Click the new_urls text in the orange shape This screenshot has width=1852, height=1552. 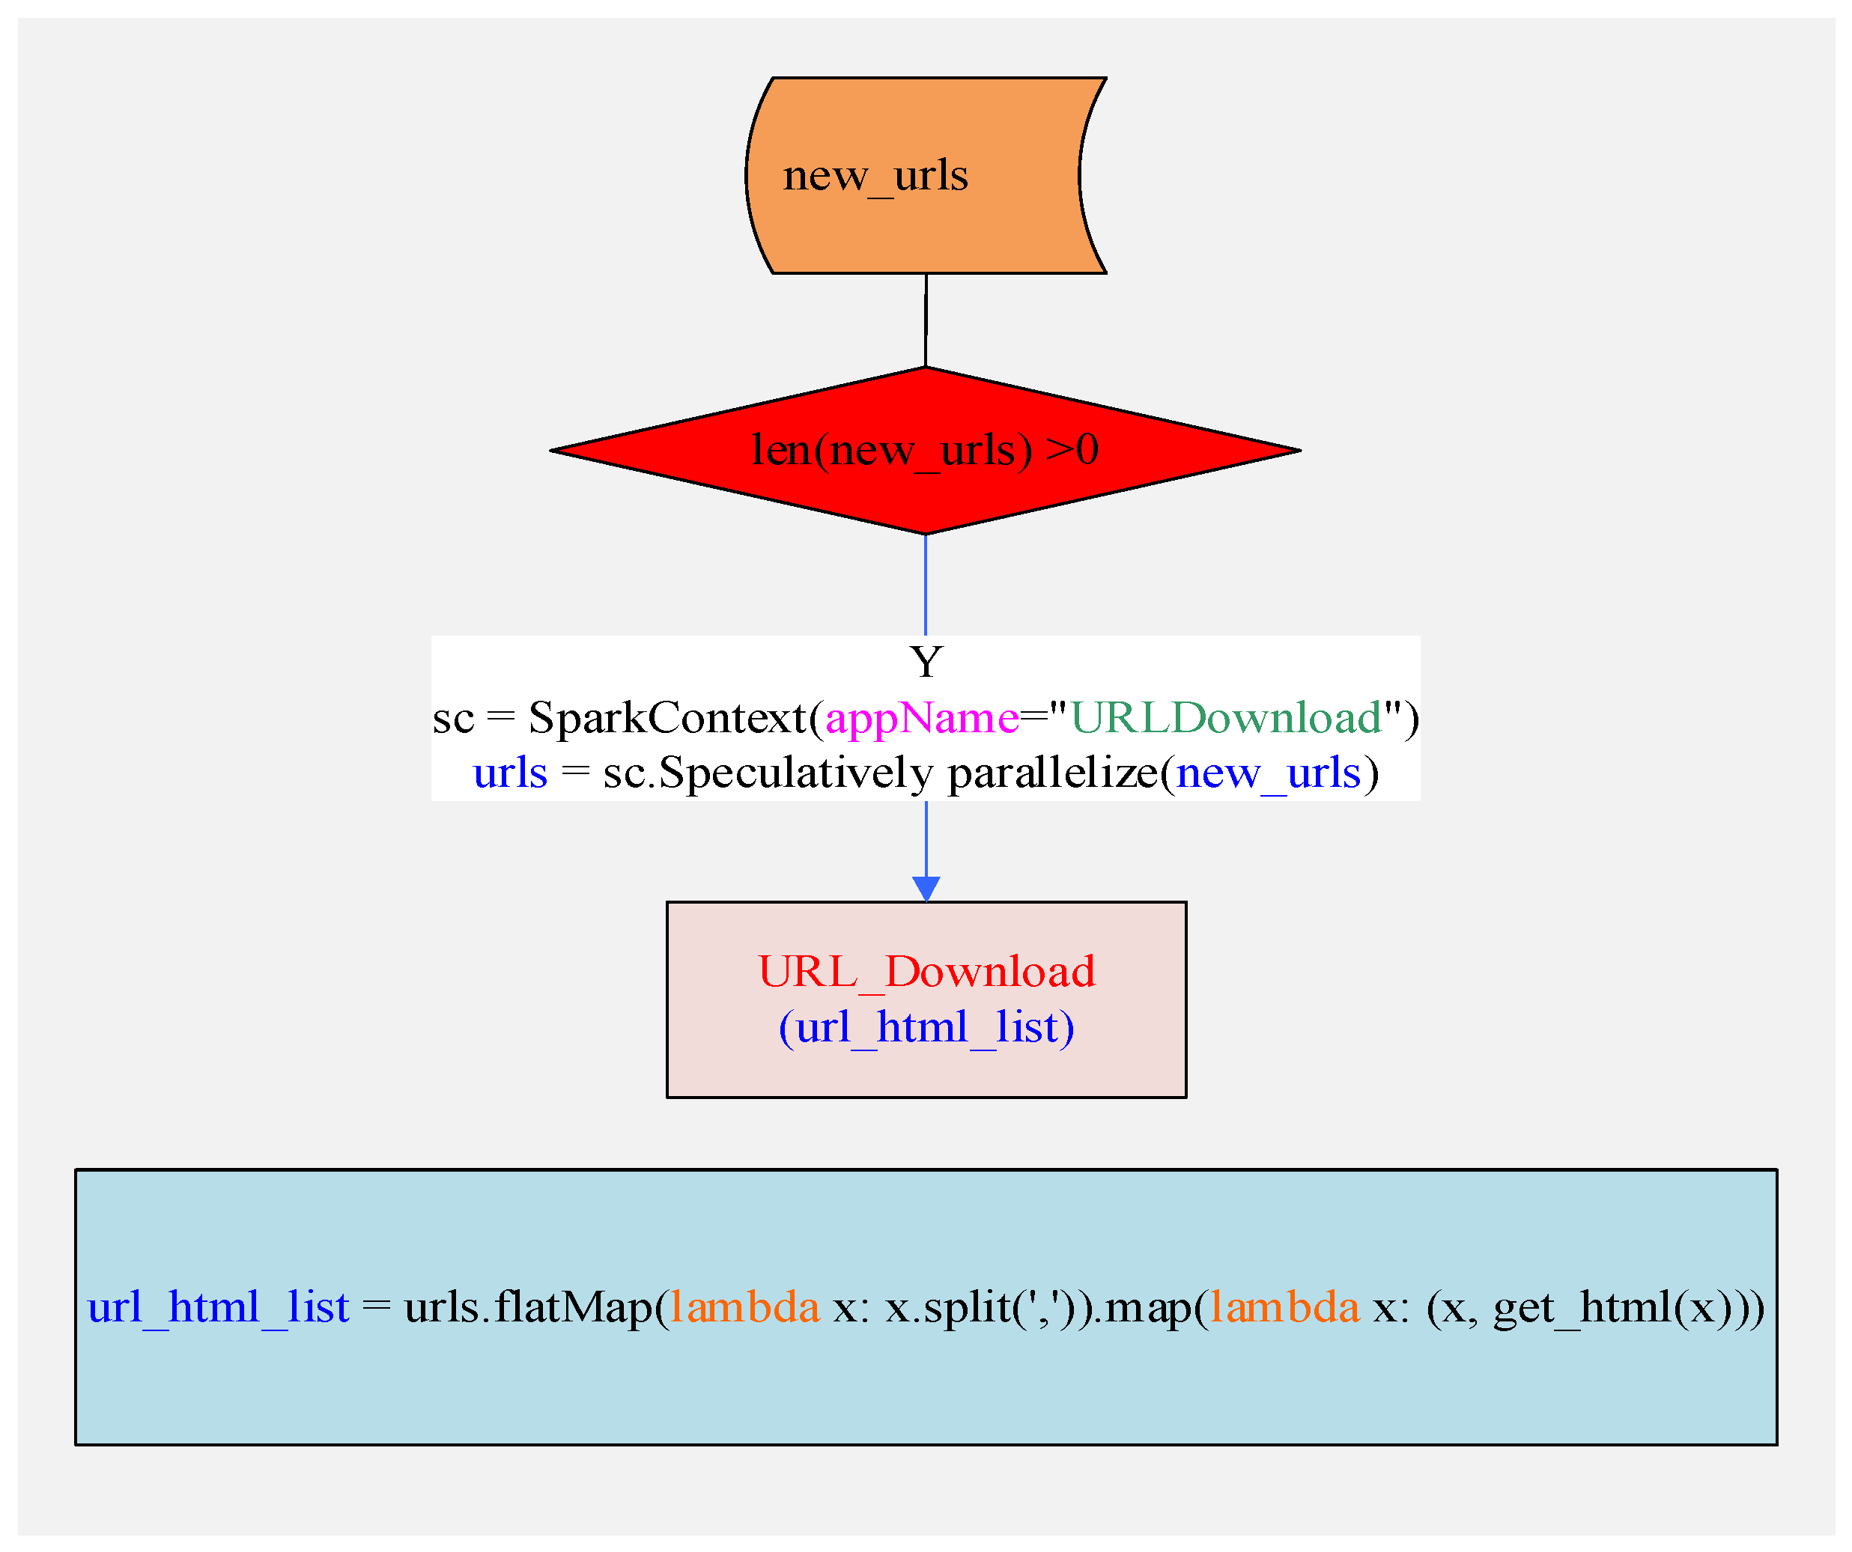point(875,175)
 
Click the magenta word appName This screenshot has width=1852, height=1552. point(922,718)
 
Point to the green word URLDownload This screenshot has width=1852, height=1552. point(1226,718)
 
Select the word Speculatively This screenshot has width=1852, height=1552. point(795,773)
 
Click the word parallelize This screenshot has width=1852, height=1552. point(1053,773)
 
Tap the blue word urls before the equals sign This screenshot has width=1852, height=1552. point(510,773)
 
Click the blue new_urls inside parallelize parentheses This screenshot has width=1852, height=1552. point(1268,773)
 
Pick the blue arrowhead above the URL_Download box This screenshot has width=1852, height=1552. point(926,888)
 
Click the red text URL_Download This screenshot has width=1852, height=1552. point(926,972)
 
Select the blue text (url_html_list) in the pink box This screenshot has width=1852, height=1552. point(926,1027)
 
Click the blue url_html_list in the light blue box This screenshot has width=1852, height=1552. point(218,1307)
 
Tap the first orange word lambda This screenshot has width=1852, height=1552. point(744,1307)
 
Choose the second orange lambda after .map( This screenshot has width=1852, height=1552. point(1284,1307)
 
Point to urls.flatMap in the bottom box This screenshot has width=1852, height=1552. point(527,1307)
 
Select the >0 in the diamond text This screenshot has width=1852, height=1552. point(1072,450)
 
